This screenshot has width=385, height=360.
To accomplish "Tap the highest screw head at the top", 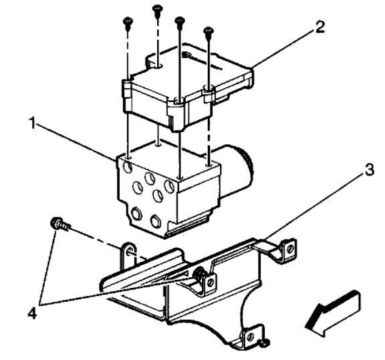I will click(158, 8).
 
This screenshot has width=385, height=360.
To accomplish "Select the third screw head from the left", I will click(179, 21).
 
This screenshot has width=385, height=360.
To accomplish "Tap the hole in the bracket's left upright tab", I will click(128, 252).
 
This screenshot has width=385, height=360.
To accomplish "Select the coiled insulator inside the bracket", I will click(199, 275).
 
